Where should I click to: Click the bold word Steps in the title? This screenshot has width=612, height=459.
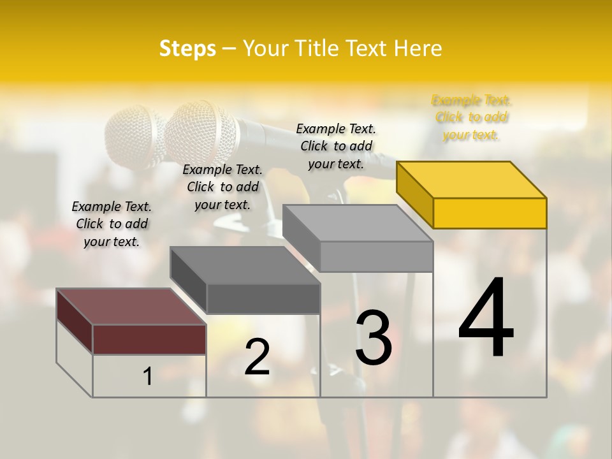tap(187, 48)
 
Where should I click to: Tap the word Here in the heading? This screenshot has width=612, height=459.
tap(418, 48)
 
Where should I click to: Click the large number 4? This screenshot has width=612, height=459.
tap(486, 319)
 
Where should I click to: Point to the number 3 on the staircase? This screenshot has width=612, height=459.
tap(374, 337)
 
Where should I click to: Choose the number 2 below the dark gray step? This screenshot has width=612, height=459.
tap(258, 357)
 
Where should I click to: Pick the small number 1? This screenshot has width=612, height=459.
tap(148, 376)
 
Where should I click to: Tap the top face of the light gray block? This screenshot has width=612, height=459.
tap(358, 223)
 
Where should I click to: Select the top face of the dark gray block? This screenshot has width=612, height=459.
tap(245, 265)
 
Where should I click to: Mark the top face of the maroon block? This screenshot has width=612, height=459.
tap(131, 307)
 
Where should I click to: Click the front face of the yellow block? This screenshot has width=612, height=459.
tap(490, 213)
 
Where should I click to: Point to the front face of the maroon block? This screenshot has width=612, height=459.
tap(149, 339)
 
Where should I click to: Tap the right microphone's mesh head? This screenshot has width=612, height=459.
tap(201, 133)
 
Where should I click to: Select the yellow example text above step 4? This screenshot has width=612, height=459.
tap(471, 117)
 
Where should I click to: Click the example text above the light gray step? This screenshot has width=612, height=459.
tap(336, 146)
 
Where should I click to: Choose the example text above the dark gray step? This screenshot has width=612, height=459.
tap(222, 187)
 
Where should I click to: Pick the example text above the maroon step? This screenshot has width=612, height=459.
tap(112, 224)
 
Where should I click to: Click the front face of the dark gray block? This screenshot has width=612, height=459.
tap(263, 298)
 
